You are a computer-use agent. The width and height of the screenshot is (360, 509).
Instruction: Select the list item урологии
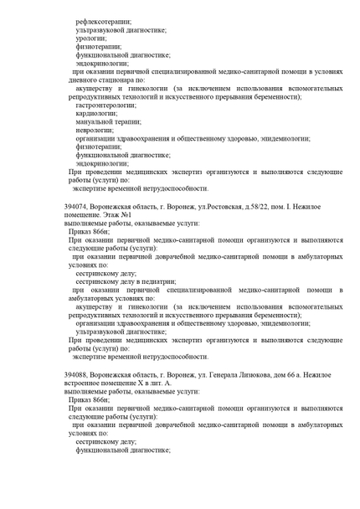90,38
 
